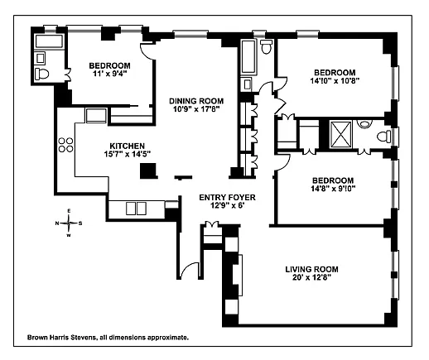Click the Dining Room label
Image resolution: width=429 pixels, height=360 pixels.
196,101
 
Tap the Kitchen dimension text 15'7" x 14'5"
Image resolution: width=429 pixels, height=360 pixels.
128,154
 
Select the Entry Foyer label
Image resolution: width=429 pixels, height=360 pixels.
227,198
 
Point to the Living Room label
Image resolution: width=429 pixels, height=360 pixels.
311,269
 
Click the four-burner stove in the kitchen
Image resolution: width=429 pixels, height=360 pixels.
65,145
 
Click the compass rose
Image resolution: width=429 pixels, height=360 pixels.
69,223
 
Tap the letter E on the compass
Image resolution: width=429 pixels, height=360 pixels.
69,211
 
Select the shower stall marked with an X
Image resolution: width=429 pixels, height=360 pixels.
341,134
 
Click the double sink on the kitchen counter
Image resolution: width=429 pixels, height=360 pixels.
136,209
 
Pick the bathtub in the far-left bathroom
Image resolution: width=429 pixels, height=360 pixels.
49,41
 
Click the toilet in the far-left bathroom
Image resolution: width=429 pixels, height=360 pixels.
41,74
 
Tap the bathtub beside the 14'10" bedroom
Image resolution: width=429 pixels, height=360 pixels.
248,57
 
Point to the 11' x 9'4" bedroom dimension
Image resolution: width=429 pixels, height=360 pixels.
109,74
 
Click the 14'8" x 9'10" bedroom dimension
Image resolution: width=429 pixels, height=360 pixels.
333,189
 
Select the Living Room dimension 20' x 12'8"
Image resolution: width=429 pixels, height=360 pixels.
311,277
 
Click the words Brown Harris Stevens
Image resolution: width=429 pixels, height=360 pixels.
62,337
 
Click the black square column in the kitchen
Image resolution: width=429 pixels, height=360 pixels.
148,171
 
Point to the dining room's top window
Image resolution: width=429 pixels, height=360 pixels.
190,34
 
